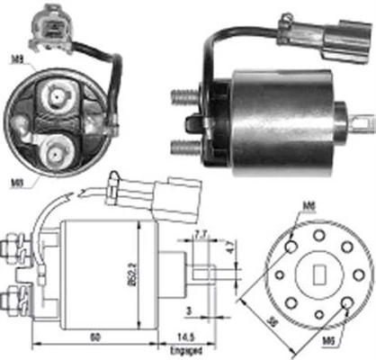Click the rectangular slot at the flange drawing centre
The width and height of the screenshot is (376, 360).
click(x=318, y=274)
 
